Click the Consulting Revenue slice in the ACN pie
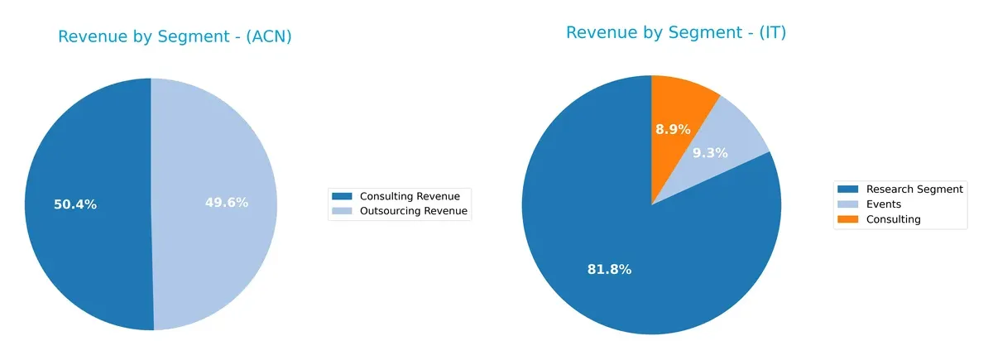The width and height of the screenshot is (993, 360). click(x=83, y=248)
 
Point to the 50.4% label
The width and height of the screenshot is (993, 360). click(x=75, y=204)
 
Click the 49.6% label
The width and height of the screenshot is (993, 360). click(x=227, y=202)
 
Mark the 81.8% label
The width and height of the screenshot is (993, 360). click(x=610, y=269)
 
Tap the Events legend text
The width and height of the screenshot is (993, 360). click(x=883, y=204)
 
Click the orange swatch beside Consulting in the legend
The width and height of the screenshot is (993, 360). click(x=849, y=219)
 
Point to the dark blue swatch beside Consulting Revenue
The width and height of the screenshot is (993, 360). click(x=342, y=196)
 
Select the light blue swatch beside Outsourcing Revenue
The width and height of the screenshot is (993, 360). click(x=342, y=211)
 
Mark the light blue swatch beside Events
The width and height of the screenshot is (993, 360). click(x=849, y=204)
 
